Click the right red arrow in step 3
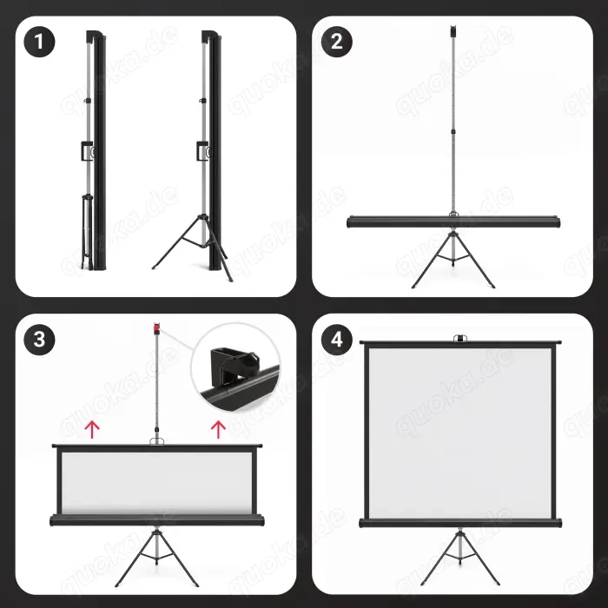[218, 427]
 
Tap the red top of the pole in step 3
[156, 329]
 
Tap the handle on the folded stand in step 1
[87, 151]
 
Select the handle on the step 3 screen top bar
[156, 443]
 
